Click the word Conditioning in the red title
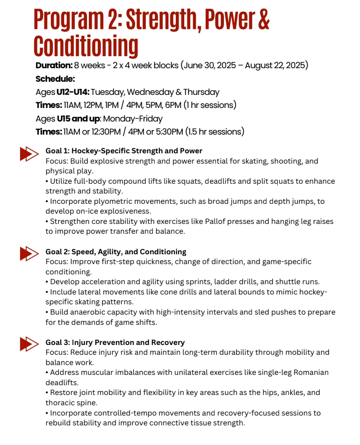point(86,46)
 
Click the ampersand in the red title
point(263,20)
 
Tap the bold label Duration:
point(54,65)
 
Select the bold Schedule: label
point(55,79)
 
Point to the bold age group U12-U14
point(72,92)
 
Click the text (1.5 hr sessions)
point(214,132)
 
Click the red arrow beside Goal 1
point(29,154)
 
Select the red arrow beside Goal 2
point(29,254)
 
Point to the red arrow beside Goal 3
point(29,344)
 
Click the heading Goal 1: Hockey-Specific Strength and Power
point(124,151)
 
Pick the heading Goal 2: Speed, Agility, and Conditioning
point(115,252)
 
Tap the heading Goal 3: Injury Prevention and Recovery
point(115,343)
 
